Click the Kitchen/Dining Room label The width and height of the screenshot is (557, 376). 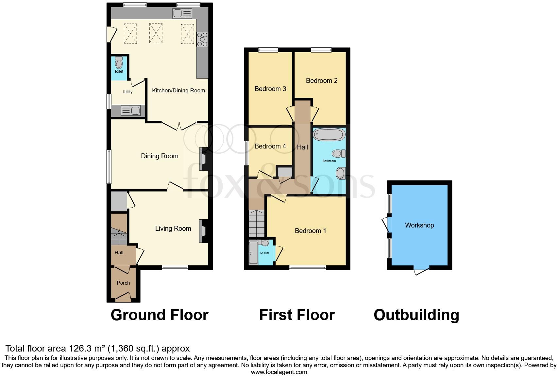(x=178, y=90)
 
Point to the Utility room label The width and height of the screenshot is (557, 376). (x=127, y=92)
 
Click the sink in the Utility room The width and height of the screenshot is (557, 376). (x=131, y=111)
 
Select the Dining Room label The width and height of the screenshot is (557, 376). (x=160, y=156)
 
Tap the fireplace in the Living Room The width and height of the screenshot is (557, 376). (x=202, y=231)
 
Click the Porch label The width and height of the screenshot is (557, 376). (x=123, y=283)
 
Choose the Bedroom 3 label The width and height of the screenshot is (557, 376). (x=270, y=89)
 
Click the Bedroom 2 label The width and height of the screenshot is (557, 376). (x=322, y=81)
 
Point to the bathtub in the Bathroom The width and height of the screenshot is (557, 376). (x=329, y=134)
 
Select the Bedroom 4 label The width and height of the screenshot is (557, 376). (x=270, y=146)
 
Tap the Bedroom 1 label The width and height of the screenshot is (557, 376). (x=310, y=231)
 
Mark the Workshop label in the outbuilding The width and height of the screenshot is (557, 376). (x=419, y=225)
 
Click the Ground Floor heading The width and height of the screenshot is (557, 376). (x=160, y=315)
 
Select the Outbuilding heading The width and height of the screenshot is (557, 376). (x=416, y=315)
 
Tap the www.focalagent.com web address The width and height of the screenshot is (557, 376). (x=279, y=372)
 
